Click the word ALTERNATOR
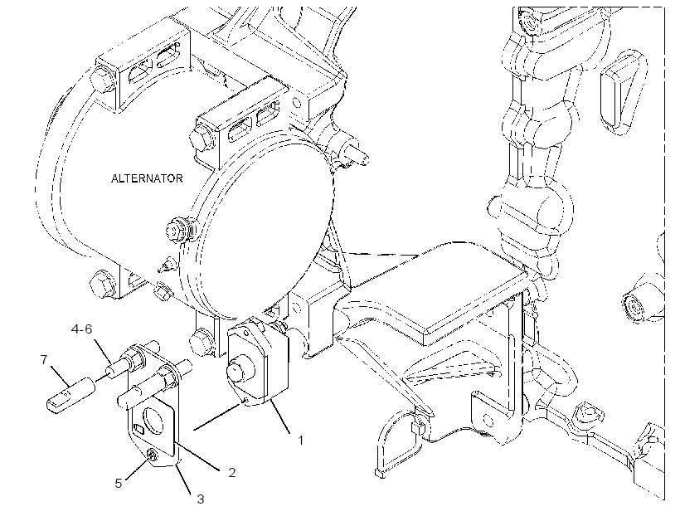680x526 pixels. (x=147, y=178)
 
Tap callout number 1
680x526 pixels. (x=300, y=440)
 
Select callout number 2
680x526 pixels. (x=232, y=472)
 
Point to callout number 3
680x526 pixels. (x=201, y=499)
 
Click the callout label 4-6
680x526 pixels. (x=82, y=329)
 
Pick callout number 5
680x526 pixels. (x=119, y=483)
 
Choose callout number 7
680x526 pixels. (x=44, y=360)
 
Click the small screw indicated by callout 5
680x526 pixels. (x=153, y=455)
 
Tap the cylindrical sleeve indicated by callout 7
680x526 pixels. (x=70, y=395)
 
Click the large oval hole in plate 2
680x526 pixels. (x=153, y=420)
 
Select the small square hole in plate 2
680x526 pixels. (x=138, y=429)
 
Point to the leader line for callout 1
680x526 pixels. (x=280, y=417)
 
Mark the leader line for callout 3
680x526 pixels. (x=184, y=480)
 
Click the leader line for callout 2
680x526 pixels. (x=200, y=455)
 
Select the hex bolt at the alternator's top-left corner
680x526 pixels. (x=100, y=79)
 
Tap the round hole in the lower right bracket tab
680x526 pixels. (x=488, y=420)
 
